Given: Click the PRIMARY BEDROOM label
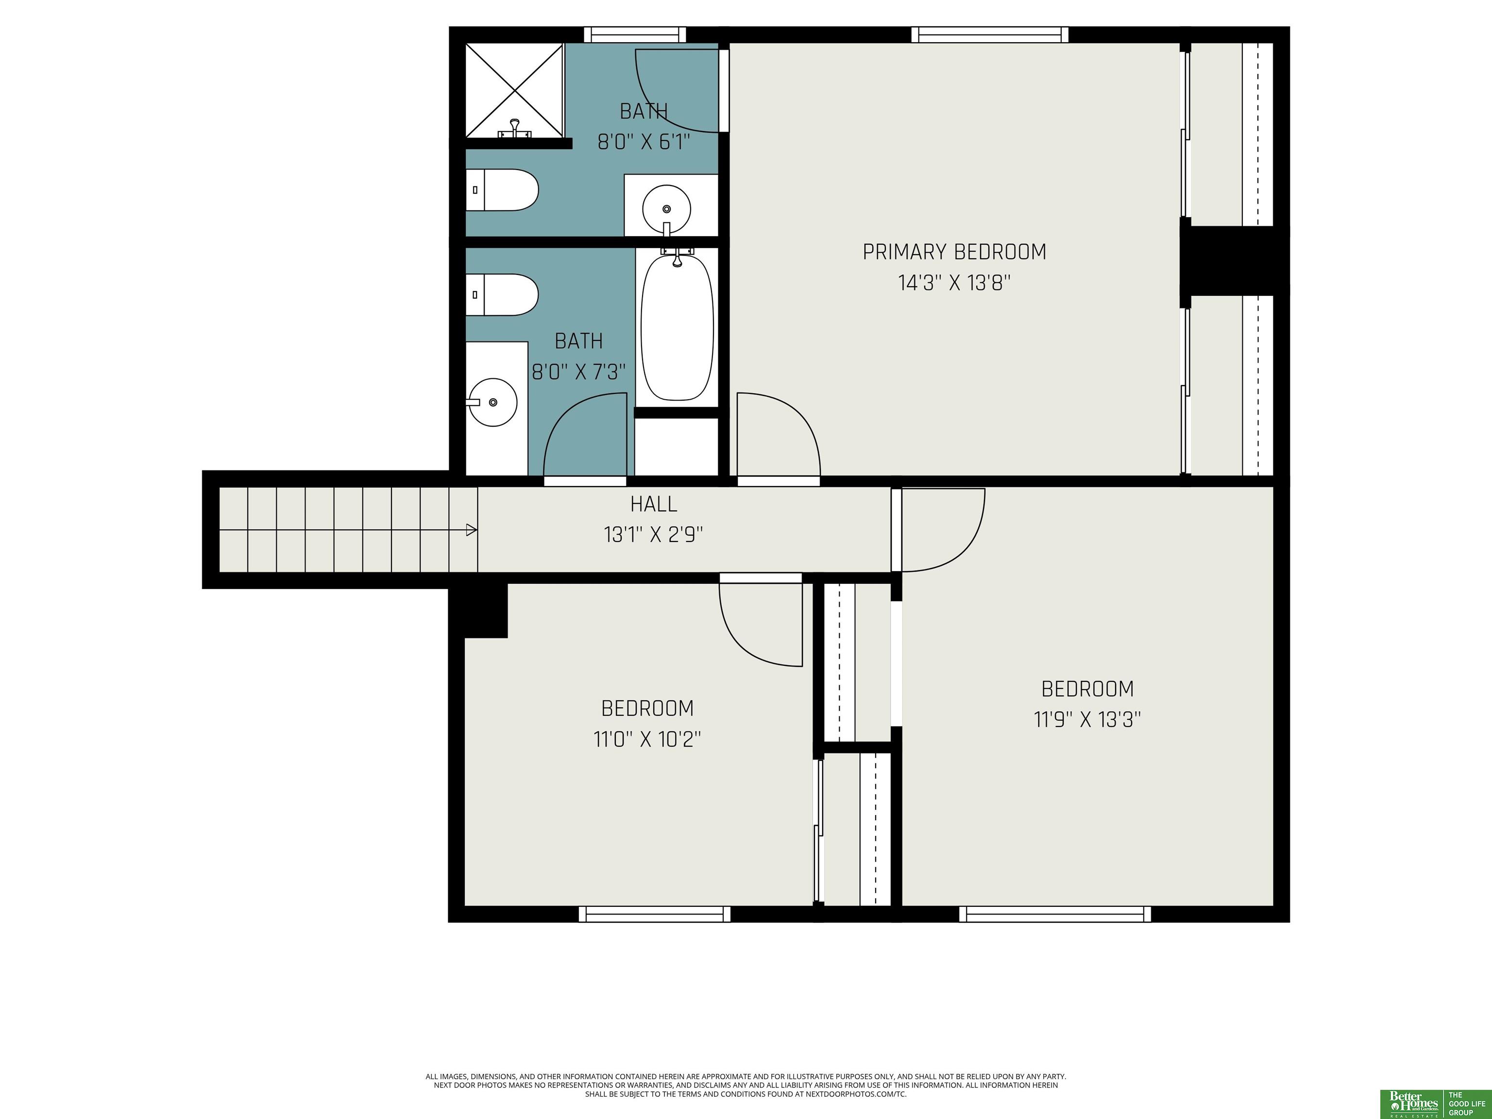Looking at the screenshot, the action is tap(954, 252).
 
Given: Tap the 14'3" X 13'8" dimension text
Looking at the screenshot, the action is tap(954, 283).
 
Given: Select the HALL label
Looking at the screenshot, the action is tap(654, 504).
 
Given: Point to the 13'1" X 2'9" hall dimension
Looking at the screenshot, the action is tap(654, 535).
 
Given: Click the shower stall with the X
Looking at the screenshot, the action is tap(515, 90).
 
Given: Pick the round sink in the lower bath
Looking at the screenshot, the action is tap(493, 402).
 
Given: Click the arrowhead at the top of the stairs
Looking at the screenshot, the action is tap(472, 530).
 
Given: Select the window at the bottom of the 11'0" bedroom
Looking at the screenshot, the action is tap(654, 914).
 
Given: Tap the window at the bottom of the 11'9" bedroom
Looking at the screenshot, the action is tap(1055, 914).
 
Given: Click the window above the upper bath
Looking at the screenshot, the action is tap(635, 34).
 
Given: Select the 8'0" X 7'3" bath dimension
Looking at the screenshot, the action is tap(579, 372).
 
